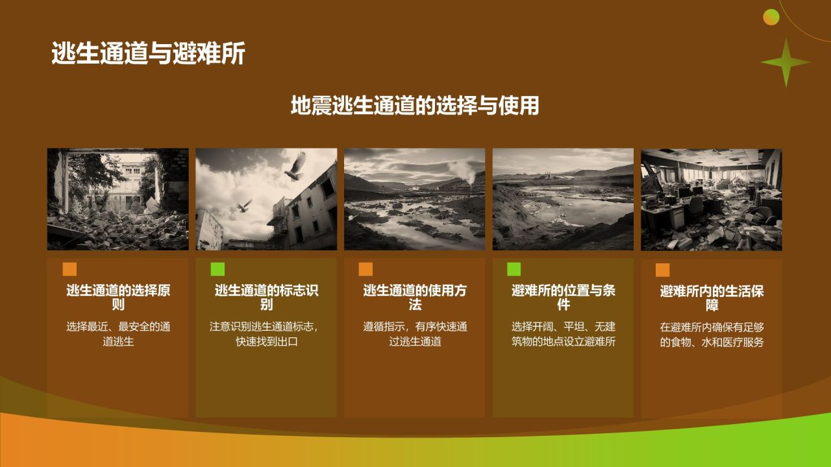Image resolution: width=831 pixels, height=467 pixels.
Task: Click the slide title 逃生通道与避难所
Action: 148,54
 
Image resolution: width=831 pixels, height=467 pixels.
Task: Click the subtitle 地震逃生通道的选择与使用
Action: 415,105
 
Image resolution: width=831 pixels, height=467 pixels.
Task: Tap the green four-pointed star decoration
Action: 786,62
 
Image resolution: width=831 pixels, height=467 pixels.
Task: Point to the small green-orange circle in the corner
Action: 771,18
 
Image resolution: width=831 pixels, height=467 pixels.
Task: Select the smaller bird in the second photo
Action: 245,206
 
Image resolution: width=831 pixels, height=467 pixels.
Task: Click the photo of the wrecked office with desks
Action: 711,199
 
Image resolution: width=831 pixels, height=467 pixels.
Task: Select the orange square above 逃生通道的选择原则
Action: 69,269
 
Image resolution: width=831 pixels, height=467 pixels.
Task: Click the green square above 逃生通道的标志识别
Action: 217,269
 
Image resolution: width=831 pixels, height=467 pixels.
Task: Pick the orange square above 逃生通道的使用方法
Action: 366,269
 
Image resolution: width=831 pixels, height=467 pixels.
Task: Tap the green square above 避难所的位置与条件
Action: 514,269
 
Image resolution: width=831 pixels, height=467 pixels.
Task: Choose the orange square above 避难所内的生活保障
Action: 662,270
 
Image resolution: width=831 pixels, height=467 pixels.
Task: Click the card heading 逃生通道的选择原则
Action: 118,297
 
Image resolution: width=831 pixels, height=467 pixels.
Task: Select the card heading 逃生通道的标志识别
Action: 266,297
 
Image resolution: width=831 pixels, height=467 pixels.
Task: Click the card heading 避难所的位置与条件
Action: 563,297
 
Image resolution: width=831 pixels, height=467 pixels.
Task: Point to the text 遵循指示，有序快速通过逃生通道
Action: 415,334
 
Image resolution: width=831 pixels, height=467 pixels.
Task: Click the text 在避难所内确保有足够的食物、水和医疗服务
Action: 712,335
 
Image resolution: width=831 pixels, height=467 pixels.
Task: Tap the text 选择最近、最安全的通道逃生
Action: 118,334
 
